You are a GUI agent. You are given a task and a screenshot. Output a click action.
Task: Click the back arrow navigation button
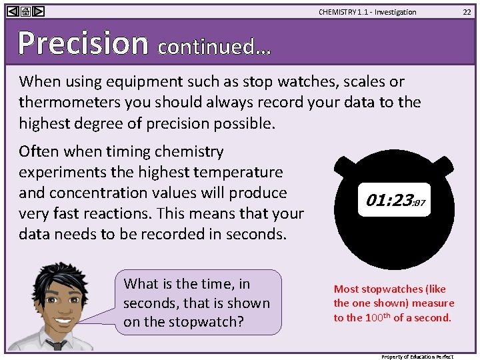pos(12,11)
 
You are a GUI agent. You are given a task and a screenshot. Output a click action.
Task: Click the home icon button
pos(25,11)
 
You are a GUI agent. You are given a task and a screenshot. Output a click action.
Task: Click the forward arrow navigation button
pos(39,11)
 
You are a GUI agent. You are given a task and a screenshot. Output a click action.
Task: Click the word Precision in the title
pos(83,43)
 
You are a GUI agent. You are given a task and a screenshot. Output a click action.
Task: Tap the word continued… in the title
pos(214,47)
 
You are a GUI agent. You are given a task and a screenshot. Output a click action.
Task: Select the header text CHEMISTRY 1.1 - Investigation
pos(367,12)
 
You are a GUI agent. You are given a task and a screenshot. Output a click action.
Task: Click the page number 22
pos(467,11)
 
